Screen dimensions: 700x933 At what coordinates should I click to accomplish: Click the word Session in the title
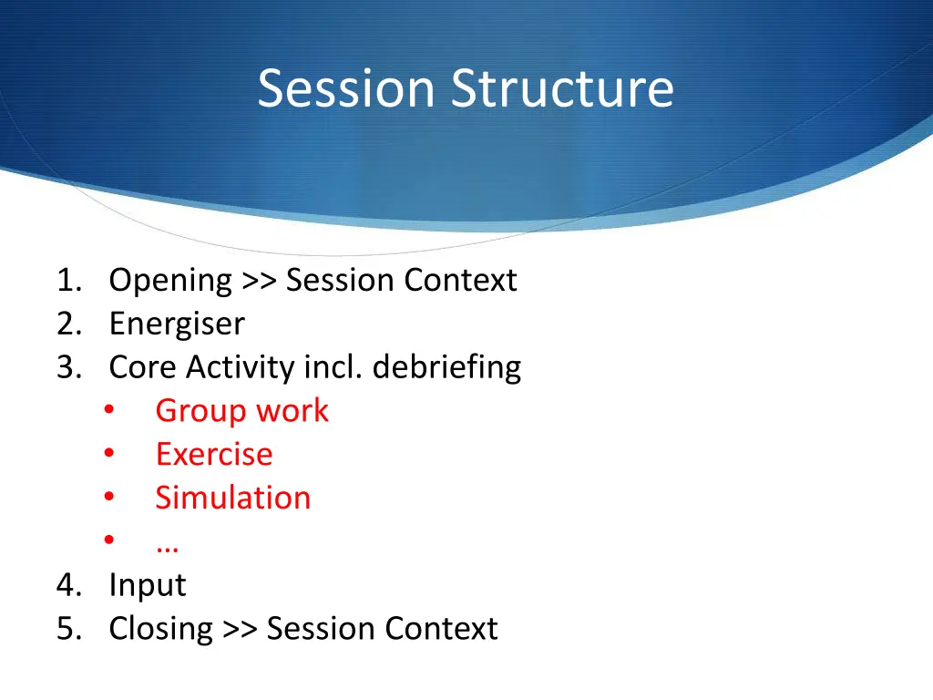[345, 89]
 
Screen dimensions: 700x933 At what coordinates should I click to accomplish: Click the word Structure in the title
[563, 89]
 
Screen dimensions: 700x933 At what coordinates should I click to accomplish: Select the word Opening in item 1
[170, 281]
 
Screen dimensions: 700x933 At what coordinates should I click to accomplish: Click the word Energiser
[177, 324]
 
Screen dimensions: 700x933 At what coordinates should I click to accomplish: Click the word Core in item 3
[142, 367]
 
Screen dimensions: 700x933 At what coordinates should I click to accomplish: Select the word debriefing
[446, 367]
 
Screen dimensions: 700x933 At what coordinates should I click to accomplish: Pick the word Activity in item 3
[240, 367]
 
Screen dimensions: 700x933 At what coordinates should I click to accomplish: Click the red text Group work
[241, 410]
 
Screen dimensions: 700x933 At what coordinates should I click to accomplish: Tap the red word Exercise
[213, 454]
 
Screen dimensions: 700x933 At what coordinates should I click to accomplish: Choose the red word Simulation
[232, 498]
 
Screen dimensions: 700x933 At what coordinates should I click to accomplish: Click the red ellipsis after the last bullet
[167, 543]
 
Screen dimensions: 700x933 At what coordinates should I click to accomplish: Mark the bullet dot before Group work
[108, 411]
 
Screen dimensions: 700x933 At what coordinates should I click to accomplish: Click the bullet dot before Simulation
[108, 499]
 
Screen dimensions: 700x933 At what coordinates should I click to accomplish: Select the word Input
[147, 585]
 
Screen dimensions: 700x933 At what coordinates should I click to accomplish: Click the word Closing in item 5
[160, 629]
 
